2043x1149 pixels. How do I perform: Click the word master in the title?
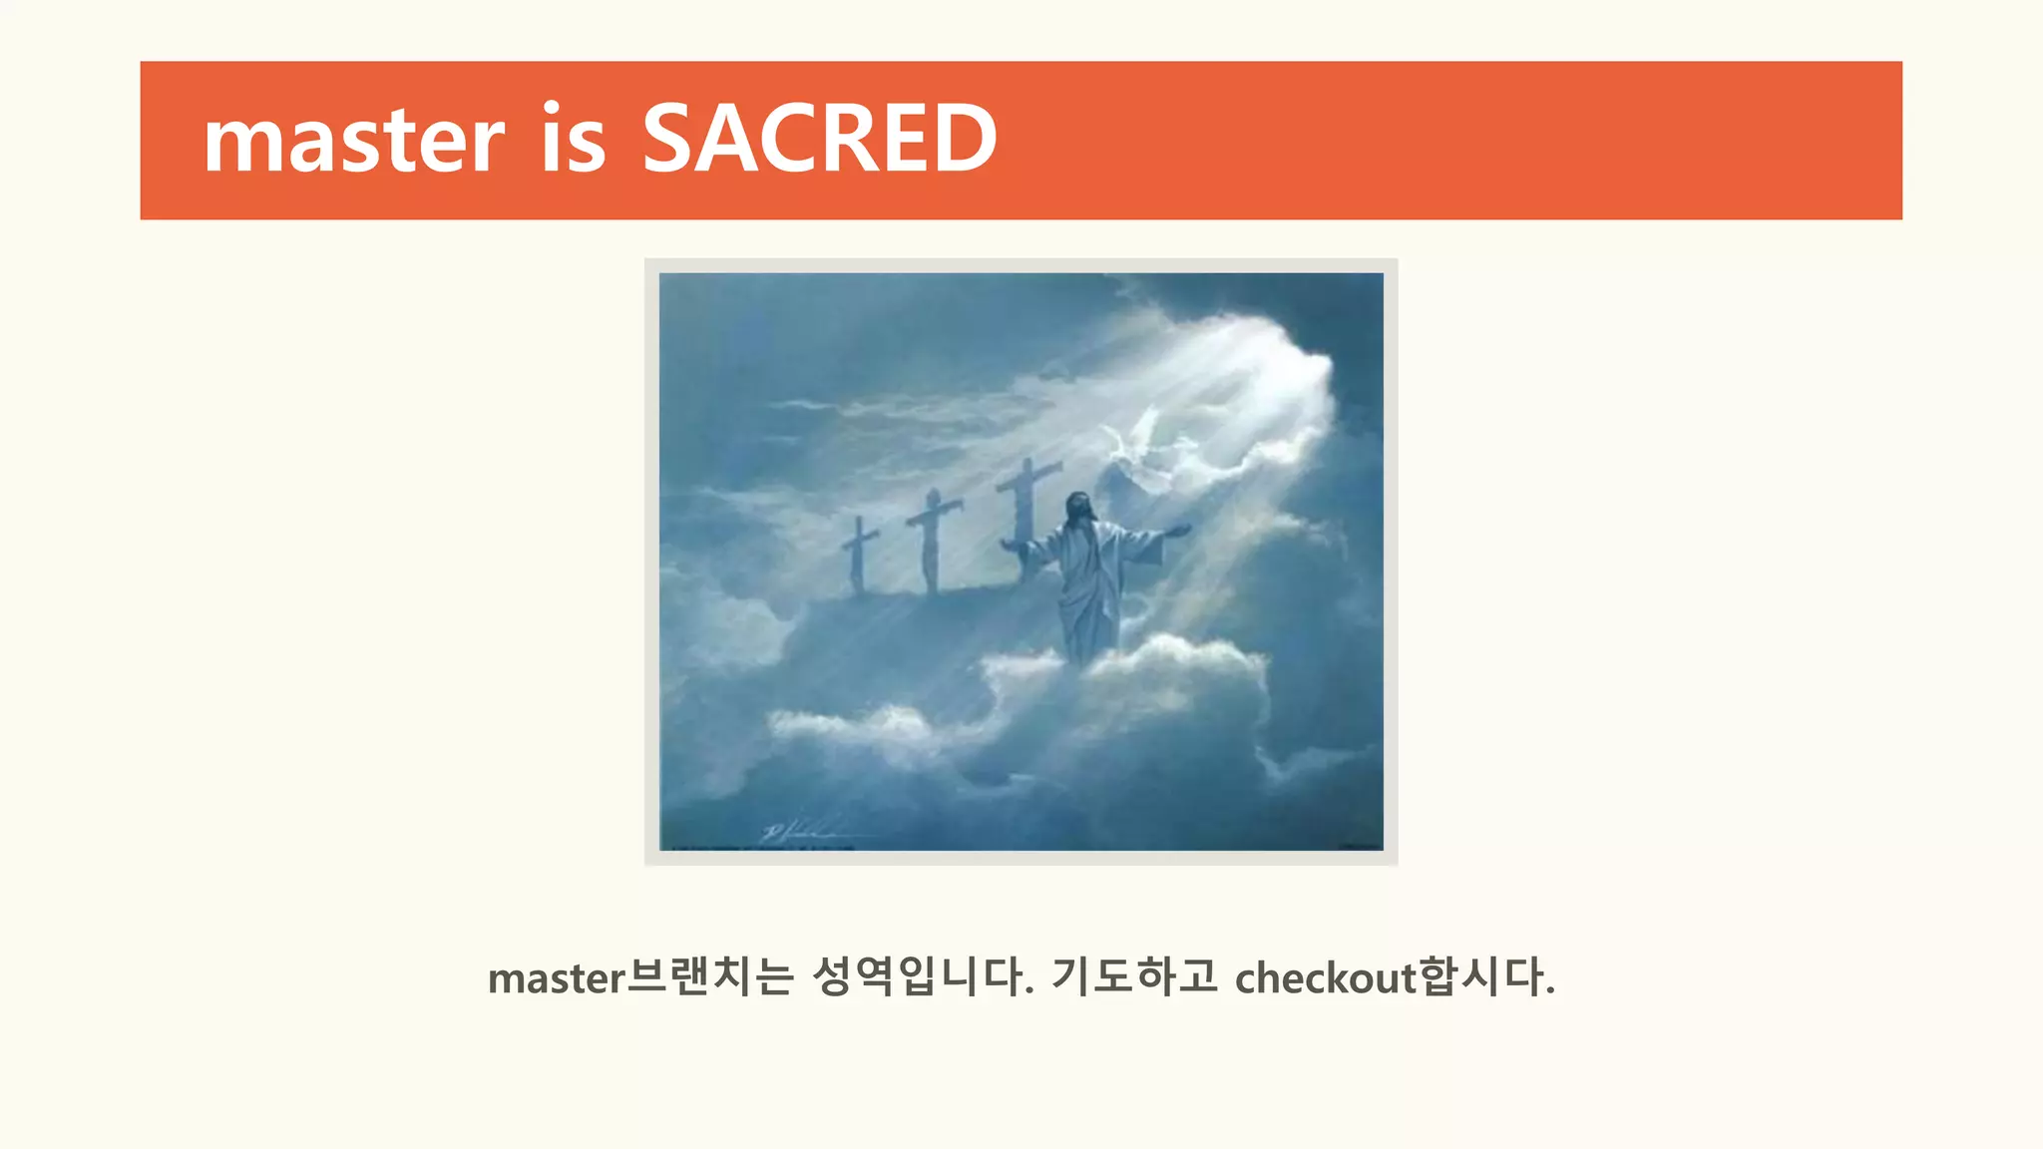click(354, 140)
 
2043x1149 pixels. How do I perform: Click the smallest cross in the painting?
click(858, 554)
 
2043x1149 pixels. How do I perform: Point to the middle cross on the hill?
click(933, 539)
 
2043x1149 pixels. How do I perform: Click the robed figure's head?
click(1078, 509)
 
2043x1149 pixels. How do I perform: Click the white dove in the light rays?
click(1137, 439)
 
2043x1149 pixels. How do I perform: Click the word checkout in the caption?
click(1325, 977)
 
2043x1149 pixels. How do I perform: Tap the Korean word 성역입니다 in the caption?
click(922, 976)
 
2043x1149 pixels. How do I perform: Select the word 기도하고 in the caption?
click(1134, 976)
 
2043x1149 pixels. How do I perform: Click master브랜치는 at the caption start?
click(639, 977)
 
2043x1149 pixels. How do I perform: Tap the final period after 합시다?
click(1549, 991)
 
